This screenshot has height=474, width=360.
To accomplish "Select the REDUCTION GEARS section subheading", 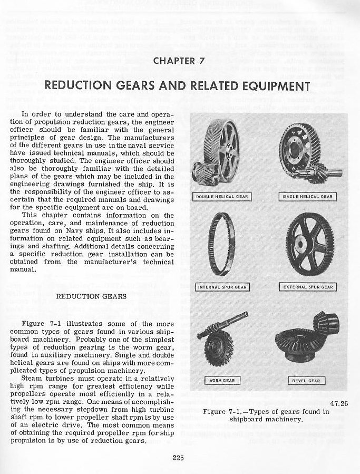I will (x=91, y=296).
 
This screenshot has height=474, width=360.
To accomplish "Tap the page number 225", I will (x=178, y=457).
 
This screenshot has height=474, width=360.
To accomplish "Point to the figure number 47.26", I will (x=338, y=404).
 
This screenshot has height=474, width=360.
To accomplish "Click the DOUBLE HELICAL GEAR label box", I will (x=222, y=197).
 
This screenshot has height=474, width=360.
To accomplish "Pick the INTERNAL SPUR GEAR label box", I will (x=222, y=287).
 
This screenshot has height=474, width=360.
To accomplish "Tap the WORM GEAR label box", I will (x=222, y=380).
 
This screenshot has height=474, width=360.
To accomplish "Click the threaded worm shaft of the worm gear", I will (x=232, y=322).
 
